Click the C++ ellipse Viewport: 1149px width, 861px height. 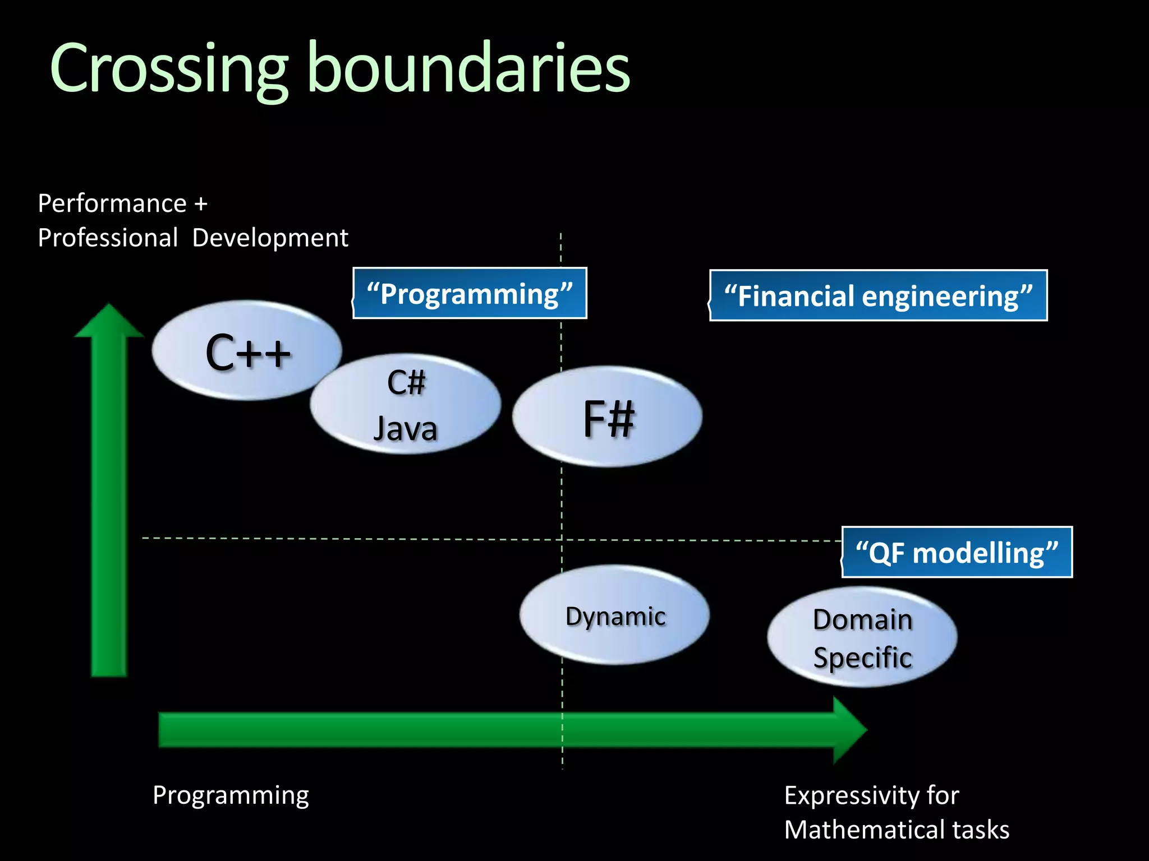247,350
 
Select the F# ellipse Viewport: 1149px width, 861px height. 607,417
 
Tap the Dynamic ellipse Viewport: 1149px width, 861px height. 615,615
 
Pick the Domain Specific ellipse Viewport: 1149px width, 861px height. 862,637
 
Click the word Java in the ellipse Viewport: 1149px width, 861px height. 405,429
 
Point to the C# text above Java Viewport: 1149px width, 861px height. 406,383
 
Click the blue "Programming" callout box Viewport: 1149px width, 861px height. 470,294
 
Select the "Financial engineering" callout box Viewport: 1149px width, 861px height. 878,295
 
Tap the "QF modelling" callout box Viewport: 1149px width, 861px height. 957,553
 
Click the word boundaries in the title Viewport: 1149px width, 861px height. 469,68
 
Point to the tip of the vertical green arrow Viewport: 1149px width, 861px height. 109,306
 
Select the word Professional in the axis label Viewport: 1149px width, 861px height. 108,238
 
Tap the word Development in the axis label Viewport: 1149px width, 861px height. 270,238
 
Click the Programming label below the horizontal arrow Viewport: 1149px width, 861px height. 231,796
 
